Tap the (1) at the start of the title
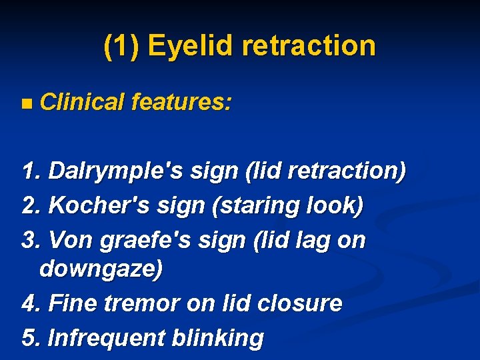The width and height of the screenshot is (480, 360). pos(121,46)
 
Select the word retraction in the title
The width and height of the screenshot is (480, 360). pos(309,46)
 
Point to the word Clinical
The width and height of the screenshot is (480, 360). pos(82,102)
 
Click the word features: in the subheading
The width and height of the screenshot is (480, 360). pos(181,102)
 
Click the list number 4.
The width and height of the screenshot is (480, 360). pos(29,304)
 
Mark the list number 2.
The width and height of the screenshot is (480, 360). pos(29,206)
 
